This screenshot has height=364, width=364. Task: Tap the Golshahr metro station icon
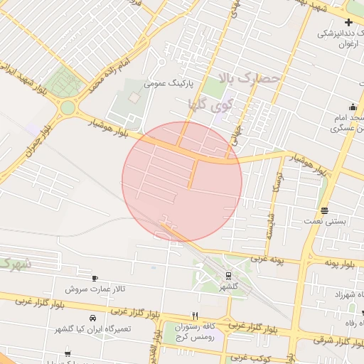pos(228,275)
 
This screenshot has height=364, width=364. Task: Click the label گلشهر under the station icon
pos(228,287)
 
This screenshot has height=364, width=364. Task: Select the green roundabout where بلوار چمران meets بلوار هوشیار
pos(68,108)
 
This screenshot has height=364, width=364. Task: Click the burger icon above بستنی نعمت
pos(325,210)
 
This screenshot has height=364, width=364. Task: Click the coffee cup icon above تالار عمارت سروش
pos(95,278)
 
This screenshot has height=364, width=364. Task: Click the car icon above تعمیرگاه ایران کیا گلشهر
pos(92,318)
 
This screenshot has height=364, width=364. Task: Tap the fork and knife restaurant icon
pos(195,316)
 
